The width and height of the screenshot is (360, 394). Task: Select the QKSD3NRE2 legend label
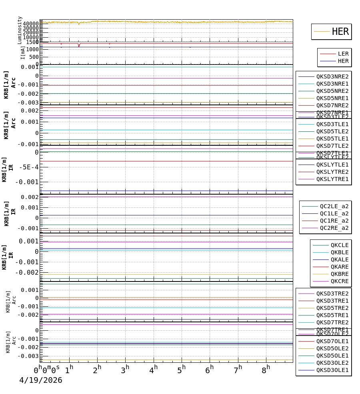pos(332,76)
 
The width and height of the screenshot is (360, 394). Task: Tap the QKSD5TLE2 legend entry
pos(332,131)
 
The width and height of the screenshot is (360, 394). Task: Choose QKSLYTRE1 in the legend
pos(332,179)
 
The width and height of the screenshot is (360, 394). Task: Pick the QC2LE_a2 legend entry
pos(334,206)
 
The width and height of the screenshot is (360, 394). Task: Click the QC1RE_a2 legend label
pos(334,221)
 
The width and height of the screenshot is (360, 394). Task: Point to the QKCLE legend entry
pos(339,245)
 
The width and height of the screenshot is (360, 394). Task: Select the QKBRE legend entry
pos(339,274)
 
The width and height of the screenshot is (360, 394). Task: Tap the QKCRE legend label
pos(339,281)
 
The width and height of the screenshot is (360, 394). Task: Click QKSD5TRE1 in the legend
pos(332,315)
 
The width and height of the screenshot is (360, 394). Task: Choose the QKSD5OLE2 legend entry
pos(332,348)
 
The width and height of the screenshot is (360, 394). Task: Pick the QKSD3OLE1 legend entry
pos(332,370)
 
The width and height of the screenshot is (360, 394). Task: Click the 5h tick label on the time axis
pos(181,369)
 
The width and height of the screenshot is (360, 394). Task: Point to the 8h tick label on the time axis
pos(266,369)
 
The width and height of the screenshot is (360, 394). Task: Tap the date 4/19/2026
pos(41,380)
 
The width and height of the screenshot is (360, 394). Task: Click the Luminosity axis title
pos(20,30)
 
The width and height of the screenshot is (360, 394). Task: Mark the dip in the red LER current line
pos(79,46)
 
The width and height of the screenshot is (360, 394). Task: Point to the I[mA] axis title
pos(23,52)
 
